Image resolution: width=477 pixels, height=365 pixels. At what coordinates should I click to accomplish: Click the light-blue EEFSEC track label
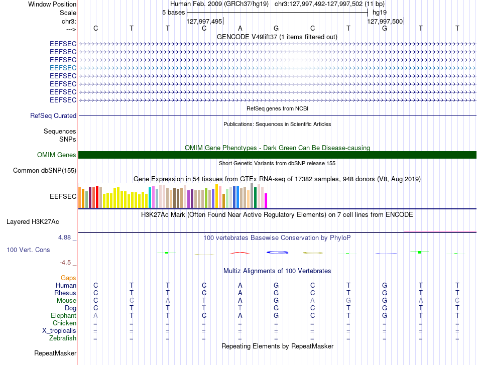pos(63,68)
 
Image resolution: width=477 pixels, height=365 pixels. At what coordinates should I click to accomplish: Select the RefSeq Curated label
pos(53,115)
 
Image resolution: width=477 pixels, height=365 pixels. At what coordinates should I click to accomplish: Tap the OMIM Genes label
pos(57,155)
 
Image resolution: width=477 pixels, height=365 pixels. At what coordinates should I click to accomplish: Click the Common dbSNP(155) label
pos(45,170)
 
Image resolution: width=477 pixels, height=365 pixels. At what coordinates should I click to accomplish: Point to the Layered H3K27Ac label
pos(33,222)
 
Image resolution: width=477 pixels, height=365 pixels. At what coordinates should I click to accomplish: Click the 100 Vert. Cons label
pos(28,250)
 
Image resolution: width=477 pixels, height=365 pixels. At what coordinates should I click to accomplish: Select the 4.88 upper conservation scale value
pos(64,237)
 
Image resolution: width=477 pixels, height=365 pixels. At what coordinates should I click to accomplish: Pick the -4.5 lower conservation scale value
pos(65,262)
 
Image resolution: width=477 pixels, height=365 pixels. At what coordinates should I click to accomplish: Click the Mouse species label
pos(66,301)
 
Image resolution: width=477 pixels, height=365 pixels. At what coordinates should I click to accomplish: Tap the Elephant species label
pos(64,315)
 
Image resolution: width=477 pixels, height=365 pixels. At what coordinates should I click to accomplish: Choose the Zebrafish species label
pos(63,338)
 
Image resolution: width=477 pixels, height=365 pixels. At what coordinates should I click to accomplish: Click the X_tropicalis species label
pos(59,331)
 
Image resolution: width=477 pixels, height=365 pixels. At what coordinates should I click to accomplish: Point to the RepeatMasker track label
pos(55,353)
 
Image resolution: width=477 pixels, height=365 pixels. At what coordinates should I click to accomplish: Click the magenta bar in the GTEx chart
pos(266,201)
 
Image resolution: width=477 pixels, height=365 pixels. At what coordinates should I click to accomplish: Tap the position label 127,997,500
pos(385,21)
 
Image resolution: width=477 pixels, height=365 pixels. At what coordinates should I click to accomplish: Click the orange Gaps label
pos(68,278)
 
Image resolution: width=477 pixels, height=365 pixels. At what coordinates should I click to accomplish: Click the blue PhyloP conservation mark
pos(277,252)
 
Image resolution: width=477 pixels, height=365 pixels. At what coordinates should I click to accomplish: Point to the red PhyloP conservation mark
pos(240,253)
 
